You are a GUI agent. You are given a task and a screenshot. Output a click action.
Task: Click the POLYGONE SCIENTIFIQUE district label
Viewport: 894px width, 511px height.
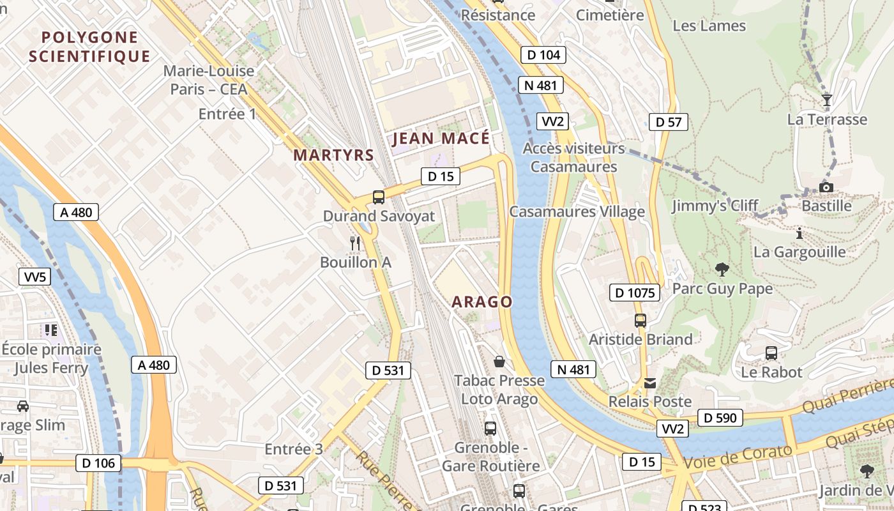click(89, 47)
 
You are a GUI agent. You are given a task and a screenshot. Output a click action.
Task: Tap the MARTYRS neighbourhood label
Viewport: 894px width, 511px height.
click(333, 155)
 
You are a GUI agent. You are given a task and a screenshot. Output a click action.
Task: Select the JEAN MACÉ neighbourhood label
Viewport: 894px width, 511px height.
click(441, 139)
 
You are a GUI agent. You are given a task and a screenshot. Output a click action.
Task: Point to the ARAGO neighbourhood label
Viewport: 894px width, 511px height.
click(482, 302)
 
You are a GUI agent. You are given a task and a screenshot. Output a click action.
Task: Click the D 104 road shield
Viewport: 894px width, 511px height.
click(543, 55)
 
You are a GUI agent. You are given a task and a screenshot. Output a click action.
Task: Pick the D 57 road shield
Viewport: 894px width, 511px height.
click(669, 122)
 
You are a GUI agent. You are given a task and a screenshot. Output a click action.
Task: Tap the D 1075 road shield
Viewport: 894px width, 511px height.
click(634, 293)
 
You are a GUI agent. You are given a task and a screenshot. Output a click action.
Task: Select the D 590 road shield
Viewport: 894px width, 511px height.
click(721, 418)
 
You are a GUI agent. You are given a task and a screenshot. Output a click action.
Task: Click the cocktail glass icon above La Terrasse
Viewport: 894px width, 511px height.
click(827, 100)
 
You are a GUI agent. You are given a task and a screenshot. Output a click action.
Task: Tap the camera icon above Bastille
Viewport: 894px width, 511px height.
click(826, 187)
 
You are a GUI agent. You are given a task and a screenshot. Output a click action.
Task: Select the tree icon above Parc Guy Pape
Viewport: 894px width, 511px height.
click(722, 270)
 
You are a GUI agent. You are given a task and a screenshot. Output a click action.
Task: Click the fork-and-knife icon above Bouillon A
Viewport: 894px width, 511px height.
click(355, 243)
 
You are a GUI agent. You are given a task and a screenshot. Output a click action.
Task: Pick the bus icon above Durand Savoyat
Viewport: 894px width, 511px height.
click(379, 197)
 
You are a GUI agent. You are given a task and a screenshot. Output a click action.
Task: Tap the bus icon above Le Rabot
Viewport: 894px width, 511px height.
click(771, 353)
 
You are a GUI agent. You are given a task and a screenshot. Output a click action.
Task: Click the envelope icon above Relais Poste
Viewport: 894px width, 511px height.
click(650, 383)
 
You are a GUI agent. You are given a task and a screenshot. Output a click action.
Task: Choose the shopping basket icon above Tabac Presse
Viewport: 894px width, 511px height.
click(499, 362)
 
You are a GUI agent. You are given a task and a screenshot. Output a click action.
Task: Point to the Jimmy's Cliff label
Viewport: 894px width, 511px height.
click(715, 206)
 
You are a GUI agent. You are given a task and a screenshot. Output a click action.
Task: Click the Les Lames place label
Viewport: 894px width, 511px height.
click(709, 26)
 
